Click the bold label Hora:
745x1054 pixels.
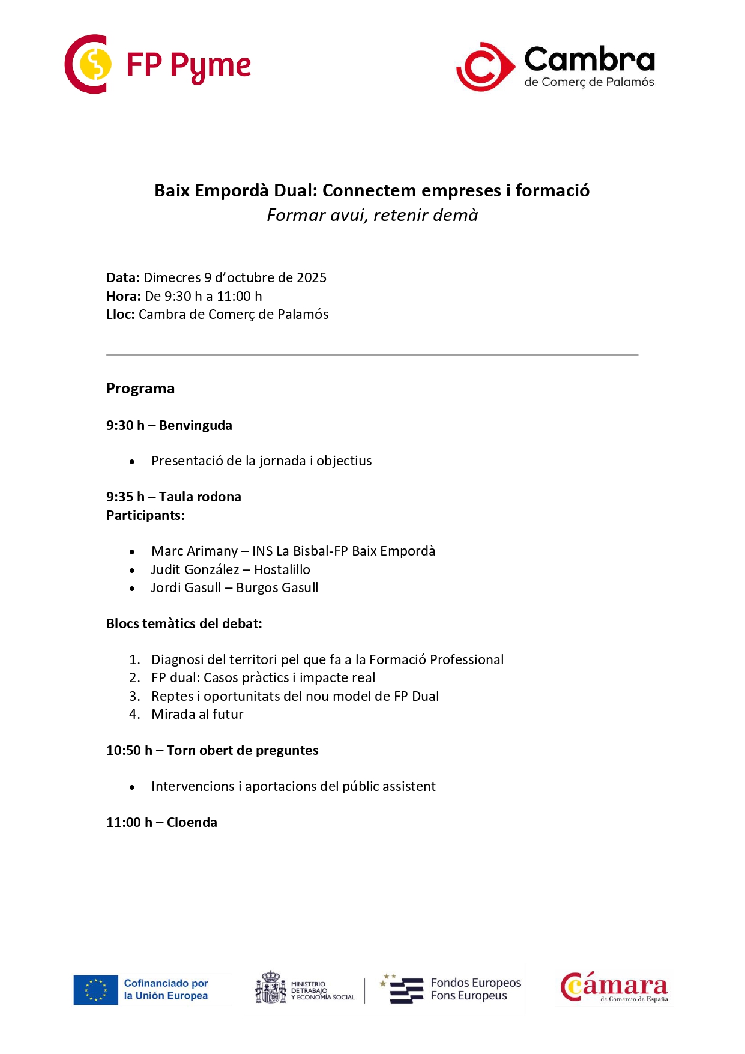pyautogui.click(x=124, y=296)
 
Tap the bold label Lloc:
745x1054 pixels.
pyautogui.click(x=121, y=314)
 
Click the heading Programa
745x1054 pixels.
pyautogui.click(x=140, y=389)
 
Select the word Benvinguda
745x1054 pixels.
pyautogui.click(x=196, y=425)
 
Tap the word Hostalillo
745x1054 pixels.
pyautogui.click(x=282, y=569)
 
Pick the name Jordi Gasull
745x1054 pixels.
pyautogui.click(x=186, y=587)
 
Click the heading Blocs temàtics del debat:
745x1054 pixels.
pyautogui.click(x=184, y=623)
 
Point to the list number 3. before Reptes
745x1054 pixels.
pyautogui.click(x=134, y=696)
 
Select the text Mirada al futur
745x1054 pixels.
pyautogui.click(x=198, y=714)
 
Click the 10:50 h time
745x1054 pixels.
pyautogui.click(x=129, y=750)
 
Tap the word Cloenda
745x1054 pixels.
pyautogui.click(x=192, y=822)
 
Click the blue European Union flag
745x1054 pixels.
pyautogui.click(x=95, y=990)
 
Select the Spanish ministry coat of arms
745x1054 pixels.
pyautogui.click(x=271, y=988)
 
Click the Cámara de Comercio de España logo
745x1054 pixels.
pyautogui.click(x=614, y=988)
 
